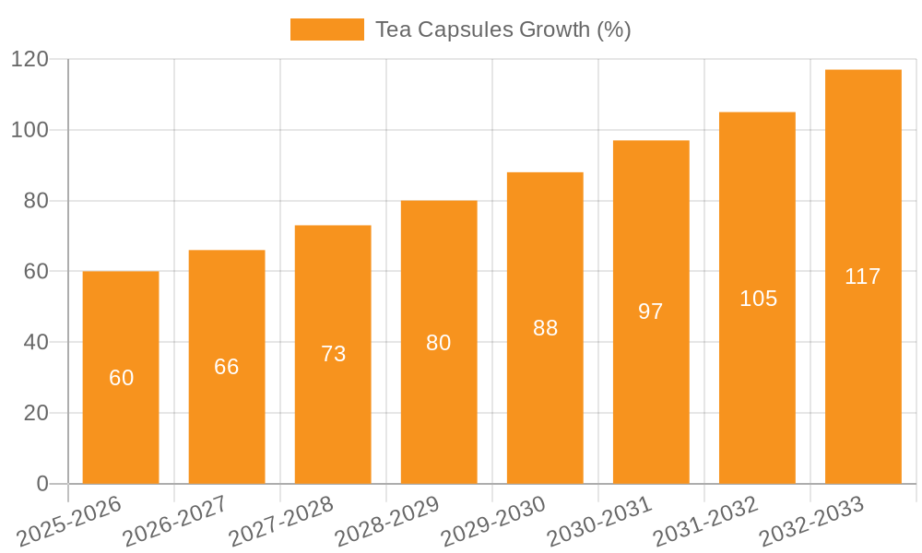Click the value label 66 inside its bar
227,367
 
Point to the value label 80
439,343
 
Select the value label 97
651,312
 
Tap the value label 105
758,299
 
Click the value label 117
863,276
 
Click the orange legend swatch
327,29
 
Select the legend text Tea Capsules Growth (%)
502,29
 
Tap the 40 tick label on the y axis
35,342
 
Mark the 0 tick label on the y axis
41,484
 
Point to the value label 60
121,378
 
